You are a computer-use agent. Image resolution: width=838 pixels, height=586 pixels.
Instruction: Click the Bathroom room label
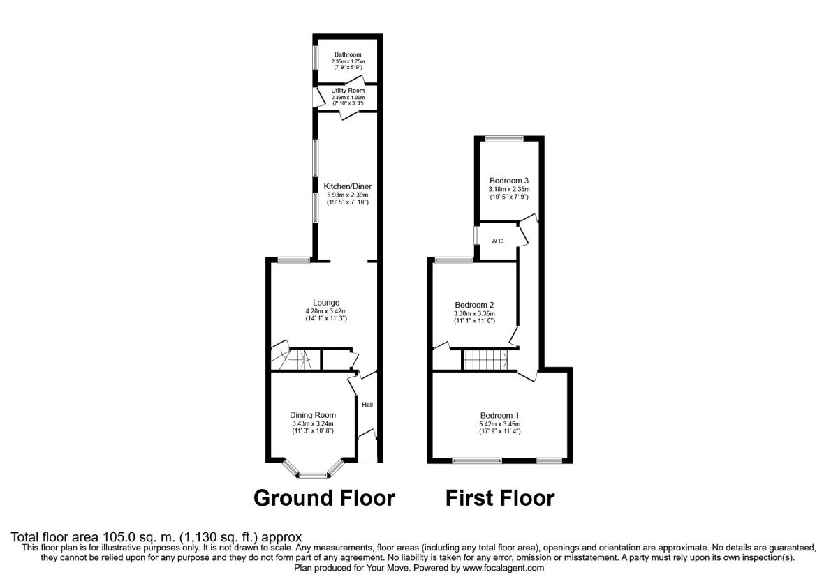point(348,54)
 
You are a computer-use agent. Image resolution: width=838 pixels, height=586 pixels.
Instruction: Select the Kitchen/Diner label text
point(347,186)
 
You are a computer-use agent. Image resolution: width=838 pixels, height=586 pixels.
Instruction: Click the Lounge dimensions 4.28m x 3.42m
point(326,311)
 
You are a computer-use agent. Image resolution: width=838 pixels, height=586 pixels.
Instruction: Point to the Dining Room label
point(313,415)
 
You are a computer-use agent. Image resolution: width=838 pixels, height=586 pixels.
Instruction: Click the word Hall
point(367,404)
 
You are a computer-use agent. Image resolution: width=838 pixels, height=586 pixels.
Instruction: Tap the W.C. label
point(498,241)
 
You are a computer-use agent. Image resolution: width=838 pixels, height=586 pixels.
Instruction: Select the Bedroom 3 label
point(508,181)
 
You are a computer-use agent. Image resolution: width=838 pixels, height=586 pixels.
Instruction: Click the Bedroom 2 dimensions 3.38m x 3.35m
point(474,314)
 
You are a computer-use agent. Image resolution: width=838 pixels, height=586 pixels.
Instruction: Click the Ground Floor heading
point(324,498)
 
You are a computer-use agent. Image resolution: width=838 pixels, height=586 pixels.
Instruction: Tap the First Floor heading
point(500,498)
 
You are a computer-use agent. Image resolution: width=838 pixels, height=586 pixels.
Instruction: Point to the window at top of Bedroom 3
point(506,138)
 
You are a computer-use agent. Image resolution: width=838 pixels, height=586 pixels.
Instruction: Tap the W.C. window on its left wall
point(477,234)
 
